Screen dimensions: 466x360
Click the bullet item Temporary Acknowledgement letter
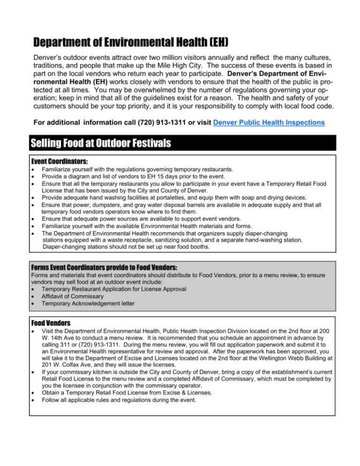tap(89, 303)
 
